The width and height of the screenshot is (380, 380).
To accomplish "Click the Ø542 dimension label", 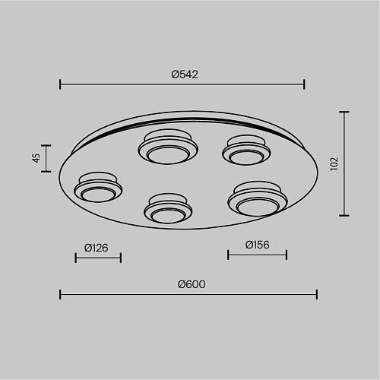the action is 185,74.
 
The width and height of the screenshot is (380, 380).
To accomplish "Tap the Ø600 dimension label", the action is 192,284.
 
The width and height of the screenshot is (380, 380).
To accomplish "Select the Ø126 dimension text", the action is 97,248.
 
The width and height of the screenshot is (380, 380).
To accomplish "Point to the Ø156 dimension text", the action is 257,245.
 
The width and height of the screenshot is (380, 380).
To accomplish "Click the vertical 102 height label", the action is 334,163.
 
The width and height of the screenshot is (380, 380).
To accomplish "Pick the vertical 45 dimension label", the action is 36,158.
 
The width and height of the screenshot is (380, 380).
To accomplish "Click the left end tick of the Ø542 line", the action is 60,84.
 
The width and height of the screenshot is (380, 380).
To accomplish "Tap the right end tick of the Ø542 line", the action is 304,84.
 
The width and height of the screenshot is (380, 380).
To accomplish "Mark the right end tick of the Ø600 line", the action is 317,294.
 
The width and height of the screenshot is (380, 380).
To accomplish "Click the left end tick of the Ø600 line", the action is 60,294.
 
